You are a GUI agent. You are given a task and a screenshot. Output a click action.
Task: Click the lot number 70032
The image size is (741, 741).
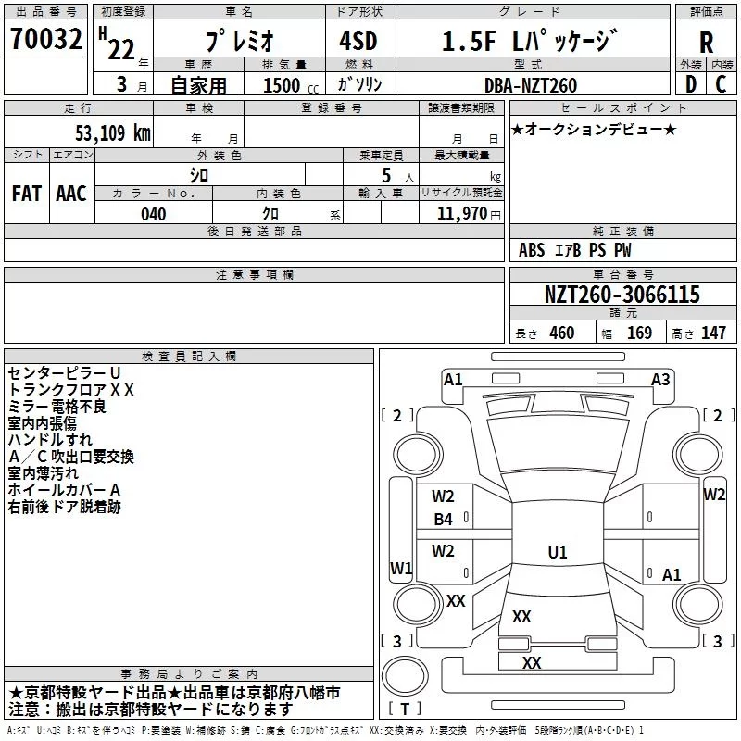coord(46,38)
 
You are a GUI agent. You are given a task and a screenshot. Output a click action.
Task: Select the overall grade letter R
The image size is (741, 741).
coord(706,42)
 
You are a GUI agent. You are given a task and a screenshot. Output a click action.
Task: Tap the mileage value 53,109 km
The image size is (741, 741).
coord(113,132)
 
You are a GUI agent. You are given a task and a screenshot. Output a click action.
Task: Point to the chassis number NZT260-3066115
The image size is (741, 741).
coord(622,294)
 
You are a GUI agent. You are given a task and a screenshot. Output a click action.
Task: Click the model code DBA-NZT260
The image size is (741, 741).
coord(530,85)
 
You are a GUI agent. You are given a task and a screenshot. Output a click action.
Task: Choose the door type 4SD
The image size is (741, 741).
coord(358,41)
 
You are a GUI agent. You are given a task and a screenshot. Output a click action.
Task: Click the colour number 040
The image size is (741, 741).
coord(154,214)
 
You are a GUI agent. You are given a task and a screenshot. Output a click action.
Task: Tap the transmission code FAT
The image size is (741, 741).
coord(27,194)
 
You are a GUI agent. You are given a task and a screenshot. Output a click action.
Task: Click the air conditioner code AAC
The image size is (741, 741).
coord(71,194)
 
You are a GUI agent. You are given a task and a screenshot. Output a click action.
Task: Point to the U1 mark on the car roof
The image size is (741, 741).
coord(558,552)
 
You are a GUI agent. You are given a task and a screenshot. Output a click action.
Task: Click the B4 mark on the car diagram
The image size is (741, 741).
coord(444,520)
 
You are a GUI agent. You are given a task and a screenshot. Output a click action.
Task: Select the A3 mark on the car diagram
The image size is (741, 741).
coord(660,379)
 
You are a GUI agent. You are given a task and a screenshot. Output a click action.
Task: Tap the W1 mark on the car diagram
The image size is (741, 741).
coord(401,568)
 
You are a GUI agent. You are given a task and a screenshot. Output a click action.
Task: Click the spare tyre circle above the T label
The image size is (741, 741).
coord(405,675)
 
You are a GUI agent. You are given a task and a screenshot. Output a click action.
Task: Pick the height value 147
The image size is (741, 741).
coord(713,333)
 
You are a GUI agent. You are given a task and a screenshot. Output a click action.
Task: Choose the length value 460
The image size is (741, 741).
coord(562,333)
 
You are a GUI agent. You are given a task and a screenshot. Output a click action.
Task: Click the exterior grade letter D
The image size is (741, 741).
coord(691,84)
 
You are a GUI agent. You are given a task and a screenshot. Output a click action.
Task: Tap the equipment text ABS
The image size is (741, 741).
coord(532,250)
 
